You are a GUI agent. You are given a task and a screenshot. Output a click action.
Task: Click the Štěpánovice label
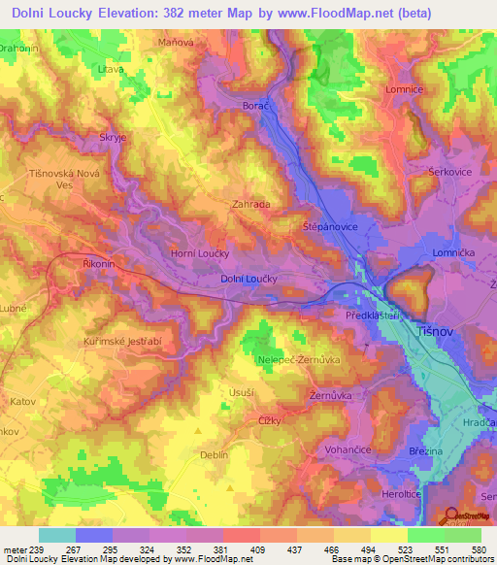[x=330, y=225]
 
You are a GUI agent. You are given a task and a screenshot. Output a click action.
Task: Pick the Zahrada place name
[x=250, y=205]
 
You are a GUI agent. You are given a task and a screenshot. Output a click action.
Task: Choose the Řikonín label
[x=100, y=262]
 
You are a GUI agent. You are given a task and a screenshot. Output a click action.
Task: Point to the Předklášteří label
[x=373, y=316]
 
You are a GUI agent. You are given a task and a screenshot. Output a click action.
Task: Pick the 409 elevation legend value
[x=258, y=548]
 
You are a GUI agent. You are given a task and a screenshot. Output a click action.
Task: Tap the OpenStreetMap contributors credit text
[x=426, y=560]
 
